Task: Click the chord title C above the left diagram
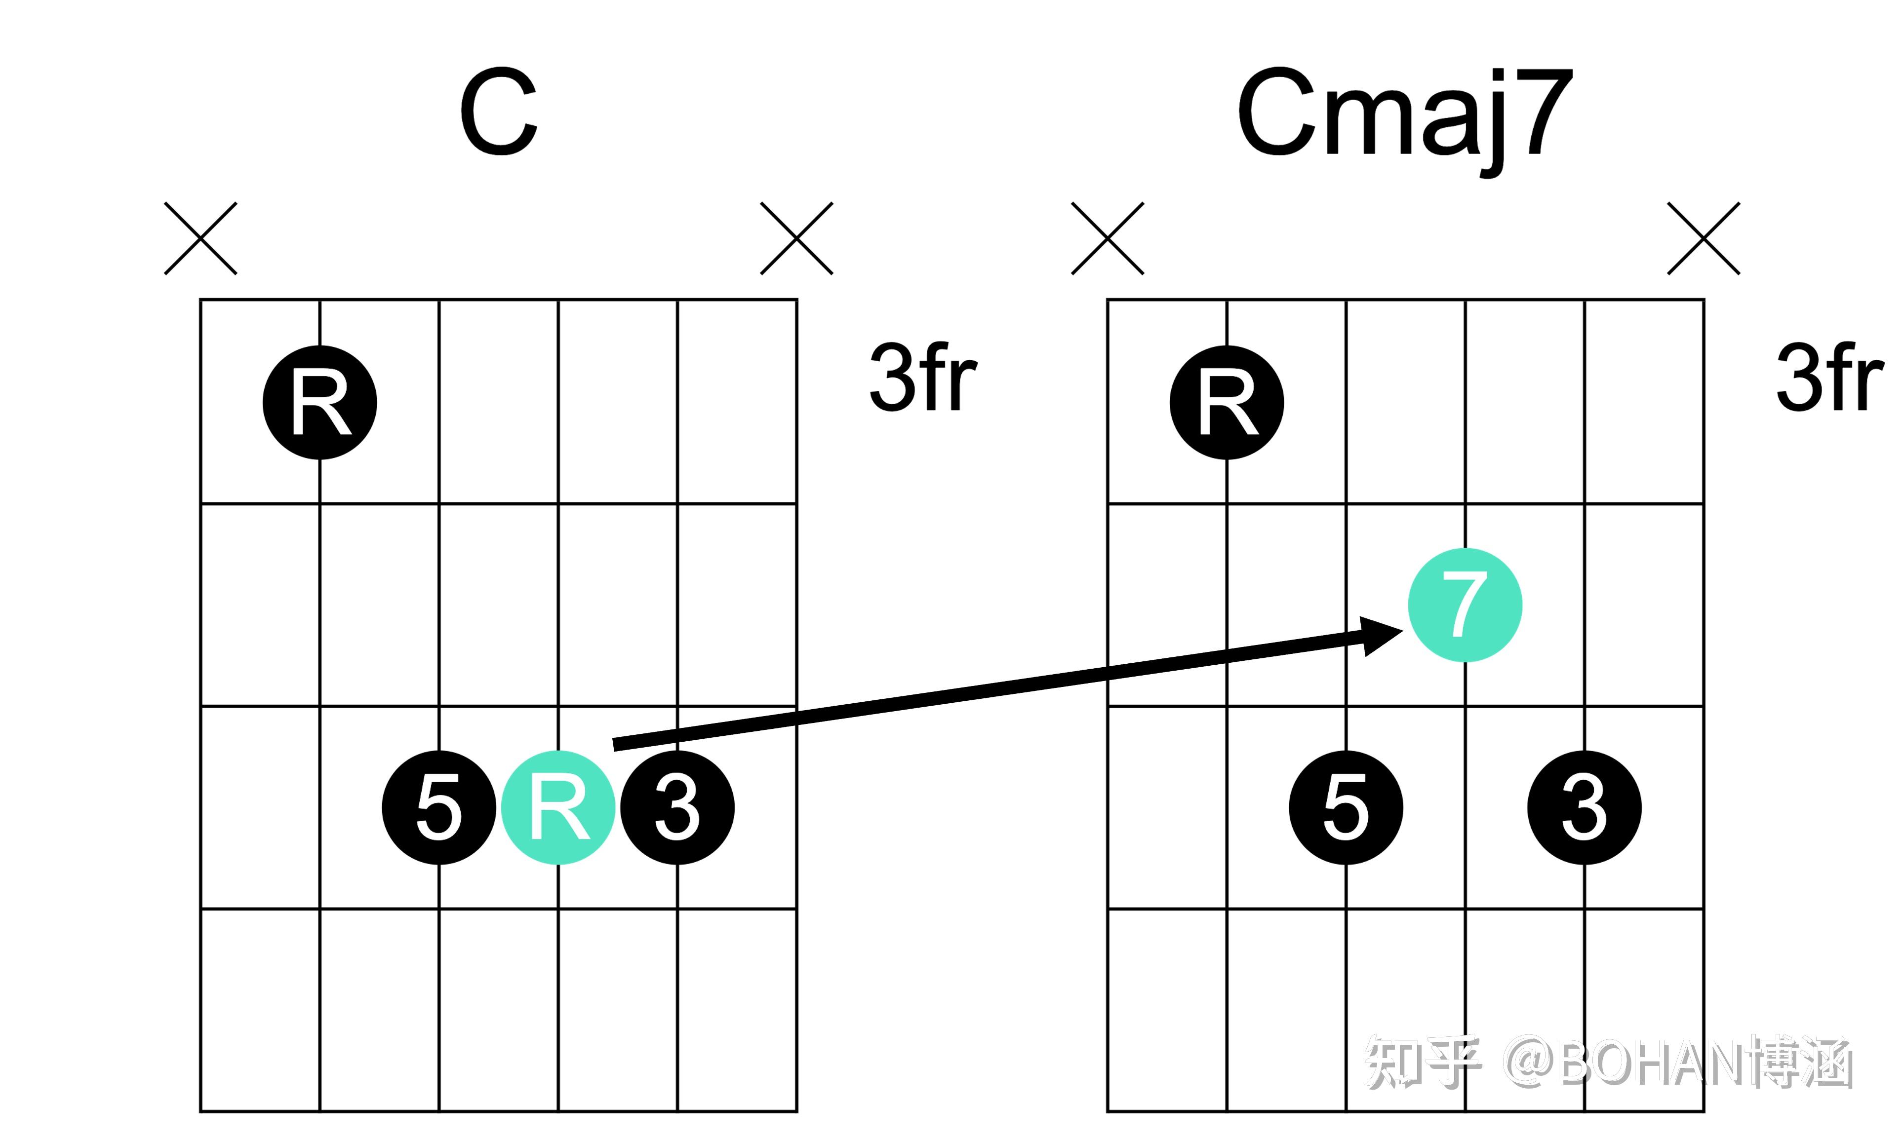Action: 499,112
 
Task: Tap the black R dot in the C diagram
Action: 320,403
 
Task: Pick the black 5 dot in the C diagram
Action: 439,807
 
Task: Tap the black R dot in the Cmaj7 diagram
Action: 1227,403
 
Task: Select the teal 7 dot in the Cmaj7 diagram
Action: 1465,606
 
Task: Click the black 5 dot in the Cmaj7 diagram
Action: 1346,807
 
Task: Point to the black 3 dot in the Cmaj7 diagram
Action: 1584,807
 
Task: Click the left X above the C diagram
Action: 200,238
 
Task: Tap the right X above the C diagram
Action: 796,238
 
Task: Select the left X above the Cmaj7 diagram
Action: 1108,238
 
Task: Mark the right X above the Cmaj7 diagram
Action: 1703,238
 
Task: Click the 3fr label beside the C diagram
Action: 922,378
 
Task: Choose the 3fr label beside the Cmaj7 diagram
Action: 1829,378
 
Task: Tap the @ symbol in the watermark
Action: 1530,1064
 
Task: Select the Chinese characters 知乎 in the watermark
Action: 1422,1064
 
